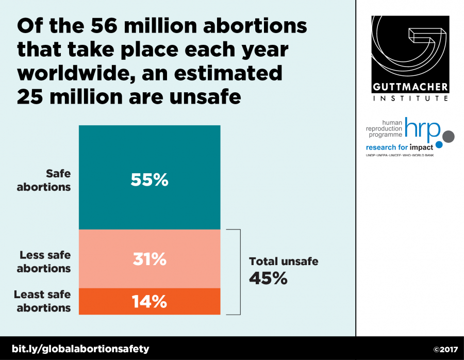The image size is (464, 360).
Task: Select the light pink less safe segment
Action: pyautogui.click(x=103, y=258)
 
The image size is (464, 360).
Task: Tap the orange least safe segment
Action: pyautogui.click(x=103, y=302)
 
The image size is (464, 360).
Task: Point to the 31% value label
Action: pyautogui.click(x=149, y=259)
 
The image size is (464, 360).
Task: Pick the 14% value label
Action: pyautogui.click(x=149, y=302)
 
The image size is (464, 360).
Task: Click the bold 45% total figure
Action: pyautogui.click(x=268, y=278)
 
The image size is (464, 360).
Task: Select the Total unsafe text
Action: pyautogui.click(x=284, y=261)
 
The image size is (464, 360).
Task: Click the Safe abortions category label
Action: pyautogui.click(x=44, y=181)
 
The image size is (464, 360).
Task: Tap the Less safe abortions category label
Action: pyautogui.click(x=44, y=261)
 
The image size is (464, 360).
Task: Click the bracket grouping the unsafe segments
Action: pyautogui.click(x=239, y=272)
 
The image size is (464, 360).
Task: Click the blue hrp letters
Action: pyautogui.click(x=423, y=130)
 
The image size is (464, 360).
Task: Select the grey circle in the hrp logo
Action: pyautogui.click(x=449, y=136)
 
